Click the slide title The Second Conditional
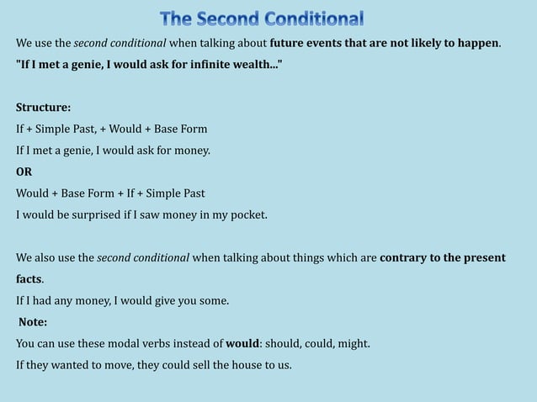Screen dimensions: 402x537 [262, 18]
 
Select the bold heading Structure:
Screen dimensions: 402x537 [44, 108]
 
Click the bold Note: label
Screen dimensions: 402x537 [33, 322]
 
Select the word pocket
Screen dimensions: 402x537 [247, 214]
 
